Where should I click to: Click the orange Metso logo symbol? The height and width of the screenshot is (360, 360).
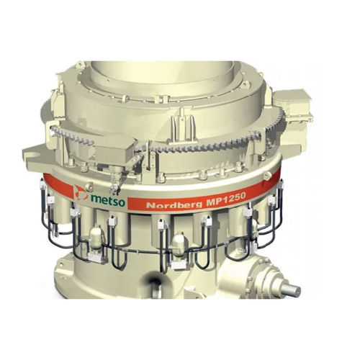pyautogui.click(x=81, y=193)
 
